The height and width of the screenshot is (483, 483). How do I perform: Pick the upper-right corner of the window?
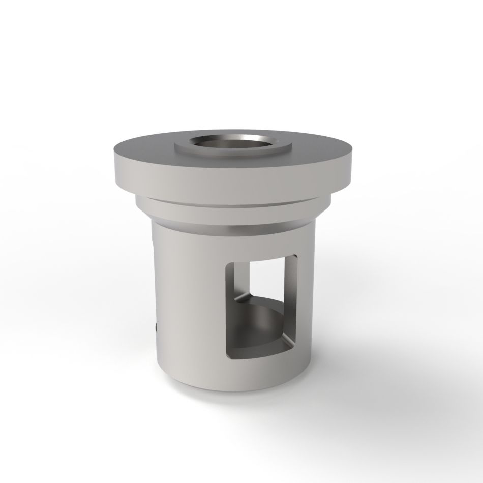click(x=295, y=259)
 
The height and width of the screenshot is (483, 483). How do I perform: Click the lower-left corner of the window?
click(x=228, y=356)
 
